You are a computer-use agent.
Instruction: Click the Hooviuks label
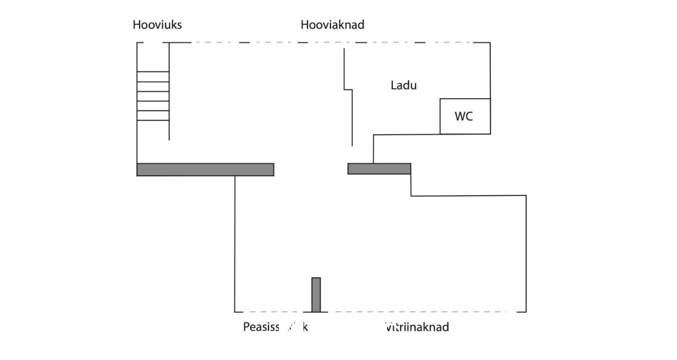pos(157,25)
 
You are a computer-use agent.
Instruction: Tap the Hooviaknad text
pos(332,25)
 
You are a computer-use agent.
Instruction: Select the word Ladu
pos(404,85)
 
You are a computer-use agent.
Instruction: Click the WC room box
pos(465,116)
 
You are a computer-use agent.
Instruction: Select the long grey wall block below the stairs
pos(205,170)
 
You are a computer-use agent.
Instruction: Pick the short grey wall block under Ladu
pos(379,169)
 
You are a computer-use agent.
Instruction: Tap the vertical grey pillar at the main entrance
pos(316,295)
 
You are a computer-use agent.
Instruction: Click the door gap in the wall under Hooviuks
pos(153,43)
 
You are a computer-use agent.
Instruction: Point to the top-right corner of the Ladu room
pos(490,43)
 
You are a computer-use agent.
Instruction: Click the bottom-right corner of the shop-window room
pos(526,311)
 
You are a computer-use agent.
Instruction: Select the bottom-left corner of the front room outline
pos(235,311)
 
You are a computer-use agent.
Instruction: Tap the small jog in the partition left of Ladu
pos(348,90)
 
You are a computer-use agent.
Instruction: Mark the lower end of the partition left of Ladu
pos(352,146)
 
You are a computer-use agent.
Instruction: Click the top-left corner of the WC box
pos(440,99)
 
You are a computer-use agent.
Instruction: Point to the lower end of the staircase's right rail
pos(169,140)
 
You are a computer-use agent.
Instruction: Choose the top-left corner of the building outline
pos(137,43)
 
